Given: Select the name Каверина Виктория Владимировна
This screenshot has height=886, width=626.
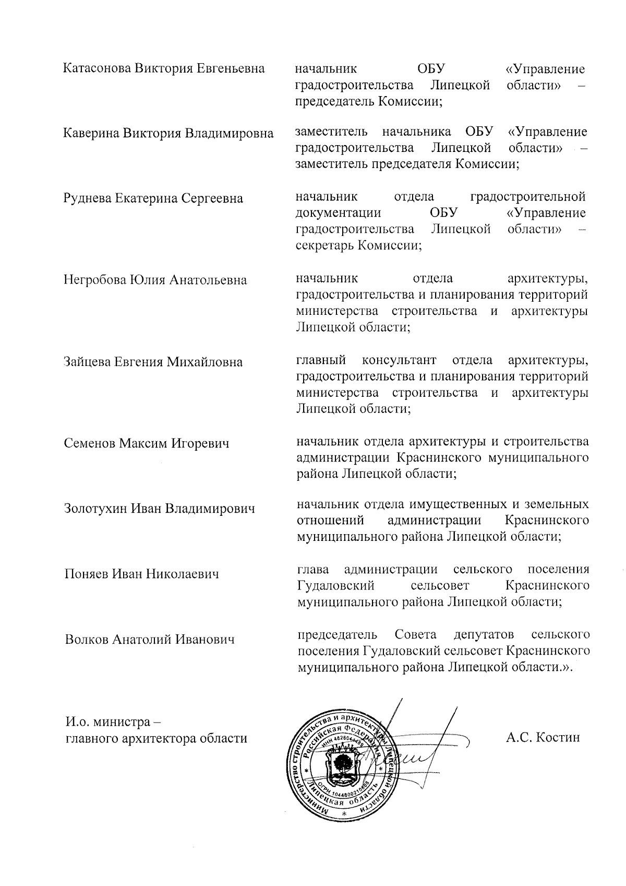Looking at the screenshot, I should tap(168, 133).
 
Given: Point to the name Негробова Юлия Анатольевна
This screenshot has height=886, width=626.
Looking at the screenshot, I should tap(155, 280).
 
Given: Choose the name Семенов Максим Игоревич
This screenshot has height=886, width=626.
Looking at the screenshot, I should tap(147, 444).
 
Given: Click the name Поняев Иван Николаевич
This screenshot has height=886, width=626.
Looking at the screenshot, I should tap(141, 574).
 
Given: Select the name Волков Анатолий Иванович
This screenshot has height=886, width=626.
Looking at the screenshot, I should tap(150, 639).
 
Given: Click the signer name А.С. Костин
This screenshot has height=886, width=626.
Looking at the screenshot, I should tap(543, 737).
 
